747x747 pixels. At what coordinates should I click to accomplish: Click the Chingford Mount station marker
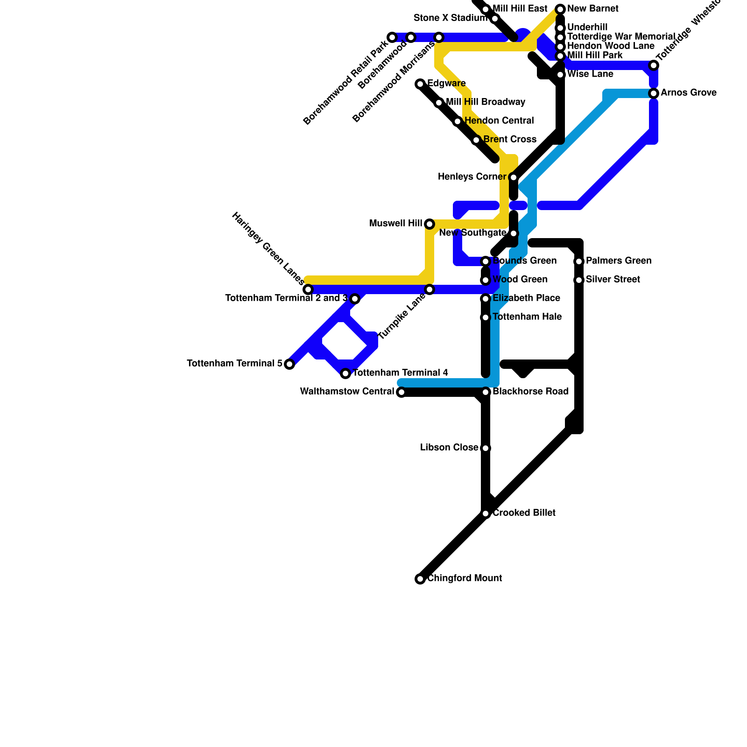420,579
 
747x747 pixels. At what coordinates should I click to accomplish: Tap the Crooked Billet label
524,513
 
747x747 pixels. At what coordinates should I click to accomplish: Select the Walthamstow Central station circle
402,392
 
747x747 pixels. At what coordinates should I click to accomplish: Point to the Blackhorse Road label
530,392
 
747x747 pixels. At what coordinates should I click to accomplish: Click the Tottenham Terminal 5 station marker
289,364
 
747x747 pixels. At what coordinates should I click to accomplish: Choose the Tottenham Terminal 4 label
400,373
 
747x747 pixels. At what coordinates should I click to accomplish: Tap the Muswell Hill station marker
430,224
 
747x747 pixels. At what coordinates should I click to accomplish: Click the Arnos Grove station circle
654,93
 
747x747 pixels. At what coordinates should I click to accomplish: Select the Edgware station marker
420,84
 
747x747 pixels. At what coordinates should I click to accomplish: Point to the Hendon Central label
499,121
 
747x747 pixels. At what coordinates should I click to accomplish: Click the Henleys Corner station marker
514,177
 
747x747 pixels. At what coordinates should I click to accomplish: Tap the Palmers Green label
619,261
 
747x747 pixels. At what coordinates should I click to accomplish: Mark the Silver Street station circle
579,280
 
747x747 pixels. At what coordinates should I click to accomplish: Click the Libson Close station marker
486,448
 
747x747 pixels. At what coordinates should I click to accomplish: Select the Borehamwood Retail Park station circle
392,37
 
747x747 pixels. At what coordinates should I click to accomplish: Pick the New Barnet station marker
560,9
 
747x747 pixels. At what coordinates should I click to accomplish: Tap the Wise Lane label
590,74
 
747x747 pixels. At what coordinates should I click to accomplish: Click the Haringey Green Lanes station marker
308,289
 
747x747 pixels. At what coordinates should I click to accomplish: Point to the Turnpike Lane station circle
430,289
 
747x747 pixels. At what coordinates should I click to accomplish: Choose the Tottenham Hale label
527,317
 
